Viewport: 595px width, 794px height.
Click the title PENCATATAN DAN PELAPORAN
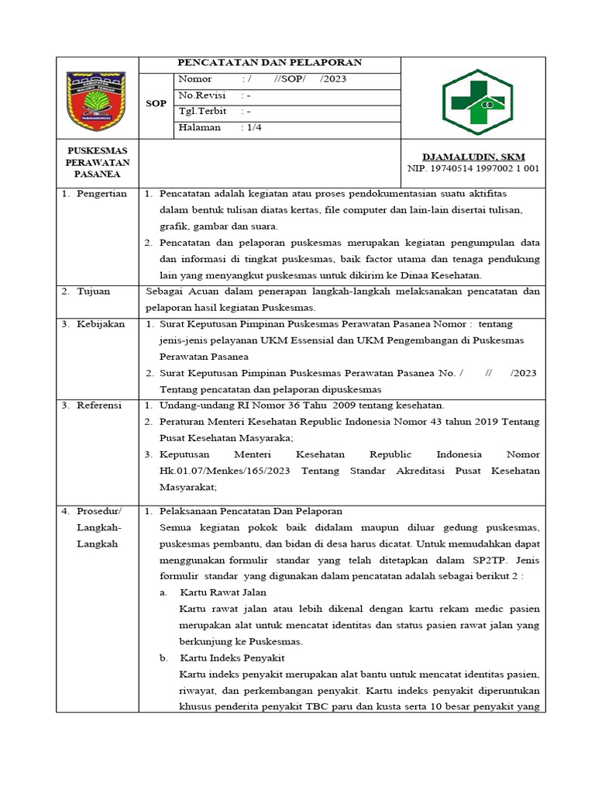pos(270,63)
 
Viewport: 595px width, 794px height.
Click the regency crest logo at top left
pos(97,100)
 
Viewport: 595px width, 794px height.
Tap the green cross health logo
pos(473,101)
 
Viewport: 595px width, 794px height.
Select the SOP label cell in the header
pos(156,103)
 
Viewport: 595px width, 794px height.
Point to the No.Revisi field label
pos(200,95)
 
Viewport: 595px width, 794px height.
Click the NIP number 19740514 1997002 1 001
pos(473,168)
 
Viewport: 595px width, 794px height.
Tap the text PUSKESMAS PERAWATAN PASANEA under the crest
pos(98,162)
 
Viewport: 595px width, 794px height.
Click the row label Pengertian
pos(101,194)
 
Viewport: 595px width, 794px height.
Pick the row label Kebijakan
pos(100,324)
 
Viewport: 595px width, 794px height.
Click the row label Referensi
pos(100,406)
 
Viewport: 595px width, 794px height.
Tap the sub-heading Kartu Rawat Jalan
pos(222,592)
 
